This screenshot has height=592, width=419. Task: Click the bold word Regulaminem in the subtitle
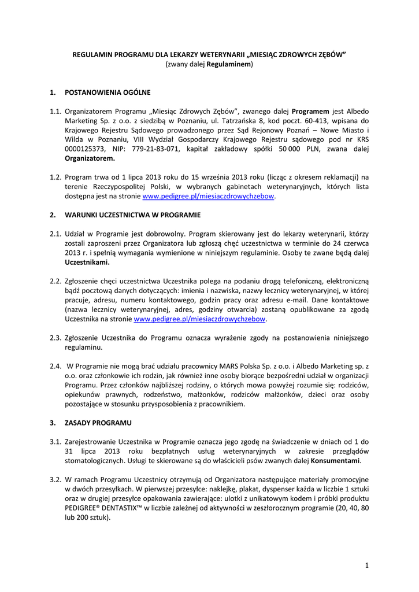229,65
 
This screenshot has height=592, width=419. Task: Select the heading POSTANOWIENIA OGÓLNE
107,92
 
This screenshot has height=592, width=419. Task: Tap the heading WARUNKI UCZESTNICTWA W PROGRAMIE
132,214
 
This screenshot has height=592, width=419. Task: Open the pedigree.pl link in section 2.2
200,319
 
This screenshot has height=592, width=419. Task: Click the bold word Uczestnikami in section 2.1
87,262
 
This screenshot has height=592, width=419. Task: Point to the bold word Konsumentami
336,461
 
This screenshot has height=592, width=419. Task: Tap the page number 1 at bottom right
366,565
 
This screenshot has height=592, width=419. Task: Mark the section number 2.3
55,338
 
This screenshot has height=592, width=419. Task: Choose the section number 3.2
55,480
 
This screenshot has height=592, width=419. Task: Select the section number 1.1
55,111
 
